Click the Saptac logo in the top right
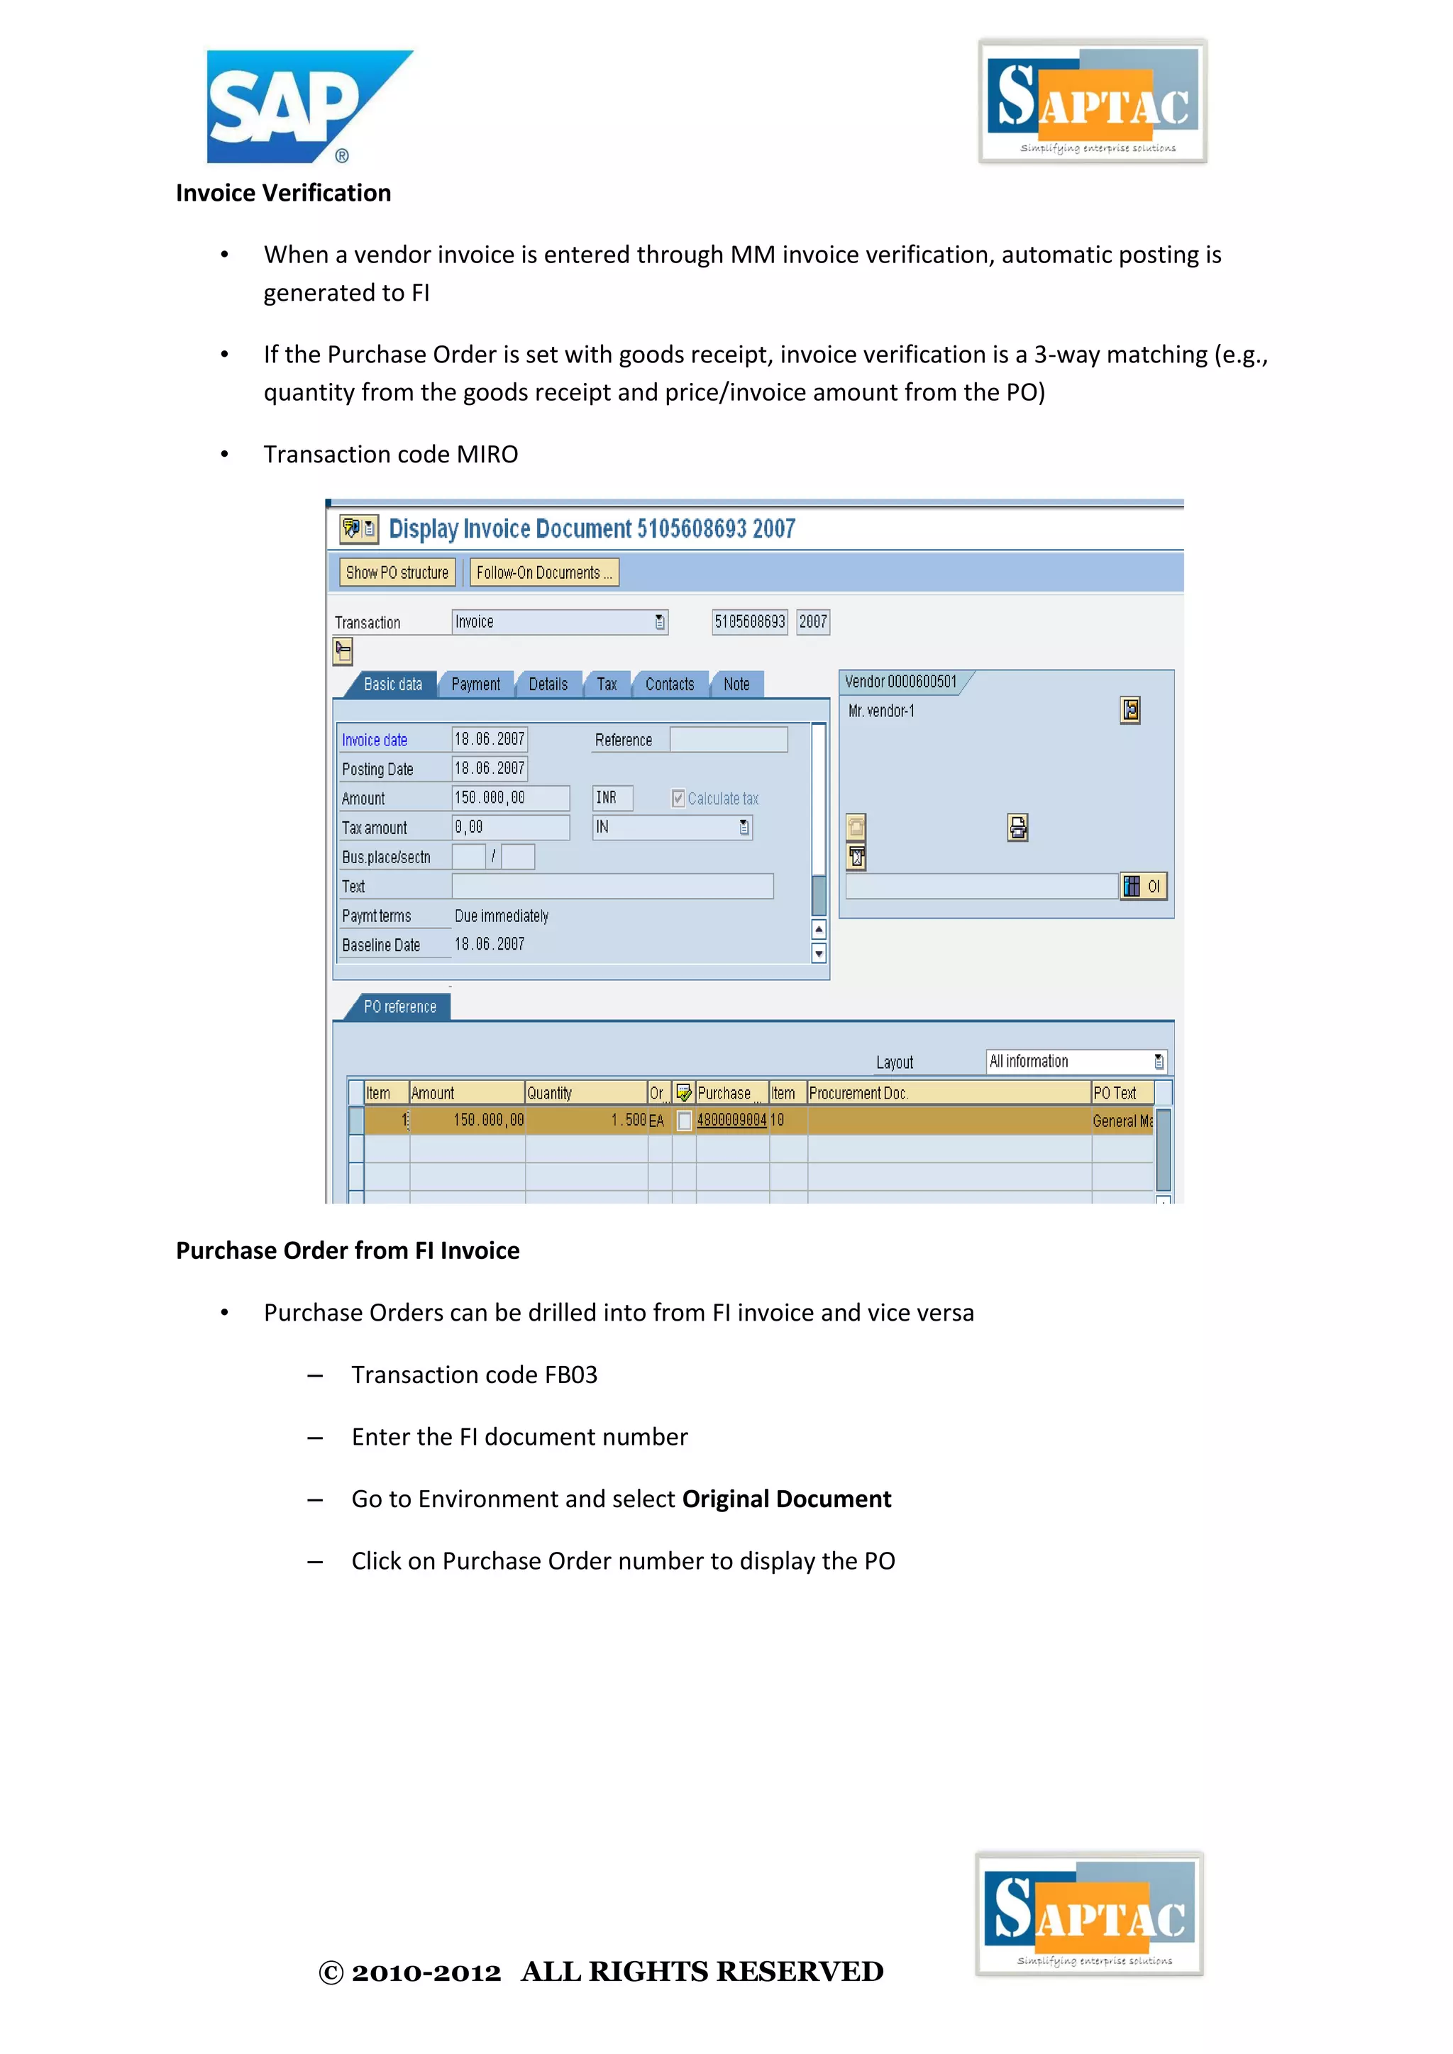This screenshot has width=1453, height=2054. [x=1093, y=101]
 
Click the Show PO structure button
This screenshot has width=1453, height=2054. [x=397, y=572]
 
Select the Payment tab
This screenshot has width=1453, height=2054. [x=475, y=684]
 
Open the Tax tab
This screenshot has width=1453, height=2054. [x=607, y=684]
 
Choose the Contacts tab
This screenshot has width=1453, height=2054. [x=669, y=684]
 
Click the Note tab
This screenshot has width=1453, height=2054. [x=736, y=684]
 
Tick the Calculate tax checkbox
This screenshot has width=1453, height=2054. [x=678, y=798]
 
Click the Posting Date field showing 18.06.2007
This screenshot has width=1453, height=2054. [x=489, y=768]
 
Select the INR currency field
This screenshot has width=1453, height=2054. [x=613, y=797]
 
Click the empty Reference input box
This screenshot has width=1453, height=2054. [x=729, y=740]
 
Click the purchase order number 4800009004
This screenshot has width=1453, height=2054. [x=731, y=1120]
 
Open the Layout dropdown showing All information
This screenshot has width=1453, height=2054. [x=1076, y=1062]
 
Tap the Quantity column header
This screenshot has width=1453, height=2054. [x=585, y=1093]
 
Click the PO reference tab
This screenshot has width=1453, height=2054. [x=400, y=1007]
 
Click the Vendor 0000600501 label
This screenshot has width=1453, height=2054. [x=901, y=682]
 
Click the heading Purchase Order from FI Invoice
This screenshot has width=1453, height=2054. [x=347, y=1250]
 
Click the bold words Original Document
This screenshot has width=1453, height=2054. [x=786, y=1499]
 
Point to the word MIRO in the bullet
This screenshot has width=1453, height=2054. [x=487, y=455]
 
